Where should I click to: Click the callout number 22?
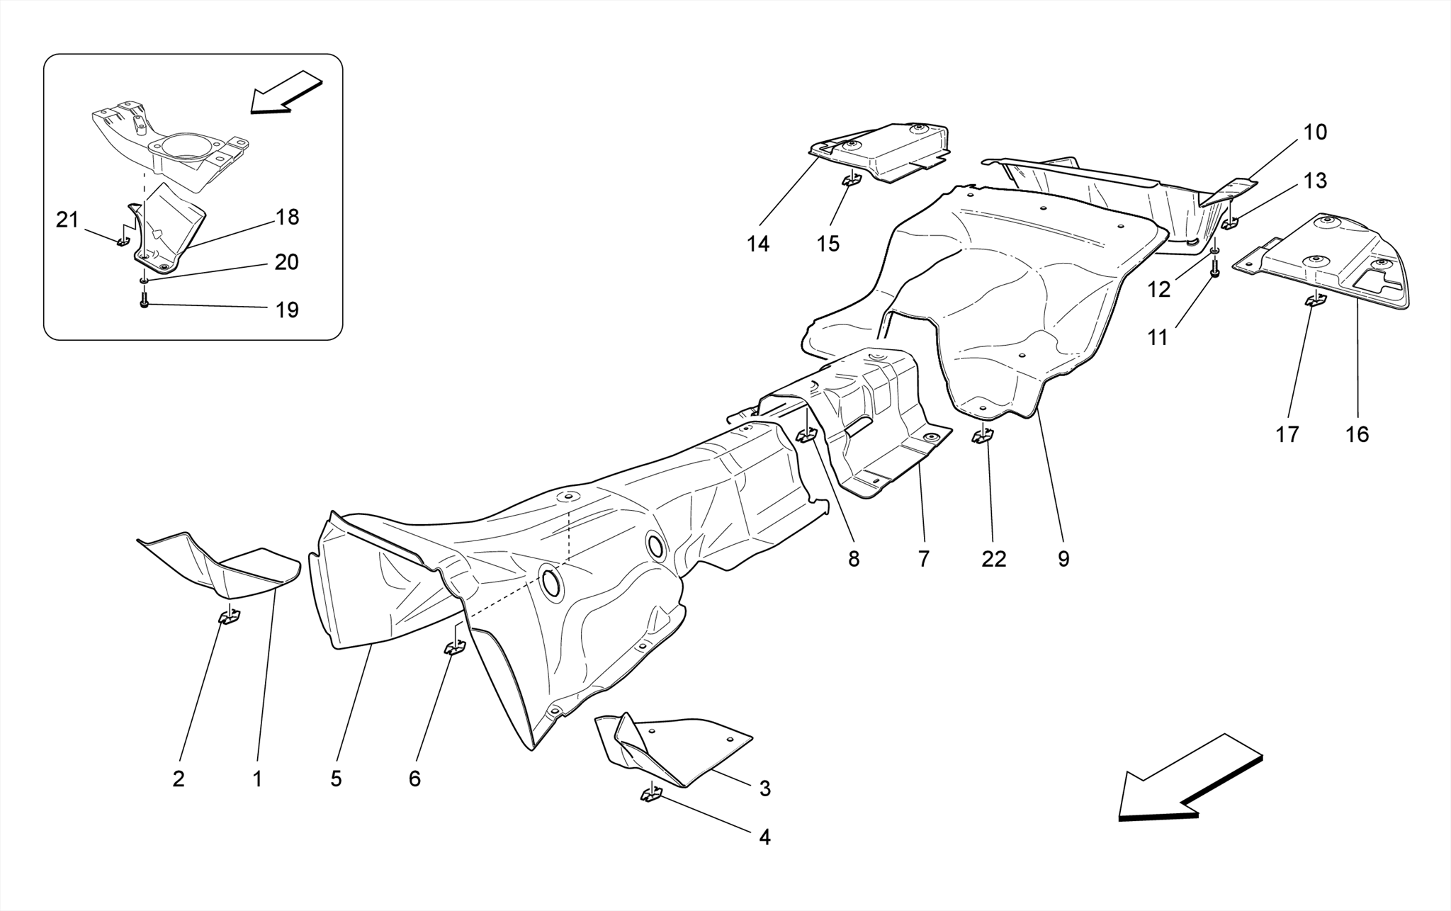click(x=993, y=559)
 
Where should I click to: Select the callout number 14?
click(x=757, y=244)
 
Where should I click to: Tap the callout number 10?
click(x=1315, y=132)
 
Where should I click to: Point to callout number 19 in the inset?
click(x=287, y=310)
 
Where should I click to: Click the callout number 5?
click(x=336, y=779)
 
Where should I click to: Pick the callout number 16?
click(x=1357, y=434)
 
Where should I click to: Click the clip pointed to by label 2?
click(x=229, y=618)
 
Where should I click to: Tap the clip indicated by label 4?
click(x=651, y=795)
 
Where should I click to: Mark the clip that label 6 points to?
click(x=453, y=647)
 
